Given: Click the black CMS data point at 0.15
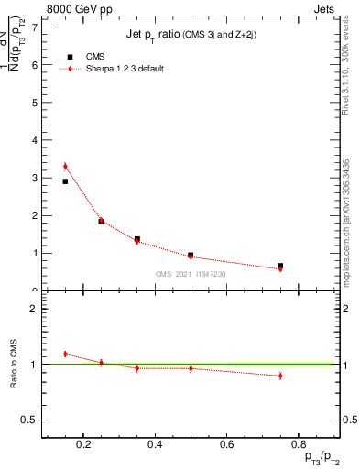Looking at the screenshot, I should pyautogui.click(x=65, y=181).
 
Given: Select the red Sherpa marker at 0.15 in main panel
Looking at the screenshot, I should pyautogui.click(x=65, y=167).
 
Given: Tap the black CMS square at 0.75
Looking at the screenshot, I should pyautogui.click(x=280, y=266).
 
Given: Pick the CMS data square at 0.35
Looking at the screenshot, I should pyautogui.click(x=137, y=239).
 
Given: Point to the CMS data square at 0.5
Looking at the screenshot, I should pyautogui.click(x=191, y=255).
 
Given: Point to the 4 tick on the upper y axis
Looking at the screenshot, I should pyautogui.click(x=34, y=140).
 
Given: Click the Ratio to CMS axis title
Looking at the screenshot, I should pyautogui.click(x=14, y=365).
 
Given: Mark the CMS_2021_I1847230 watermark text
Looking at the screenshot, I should pyautogui.click(x=191, y=274).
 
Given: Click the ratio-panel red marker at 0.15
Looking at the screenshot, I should pyautogui.click(x=65, y=354).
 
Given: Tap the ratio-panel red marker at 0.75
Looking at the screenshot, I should pyautogui.click(x=280, y=376).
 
